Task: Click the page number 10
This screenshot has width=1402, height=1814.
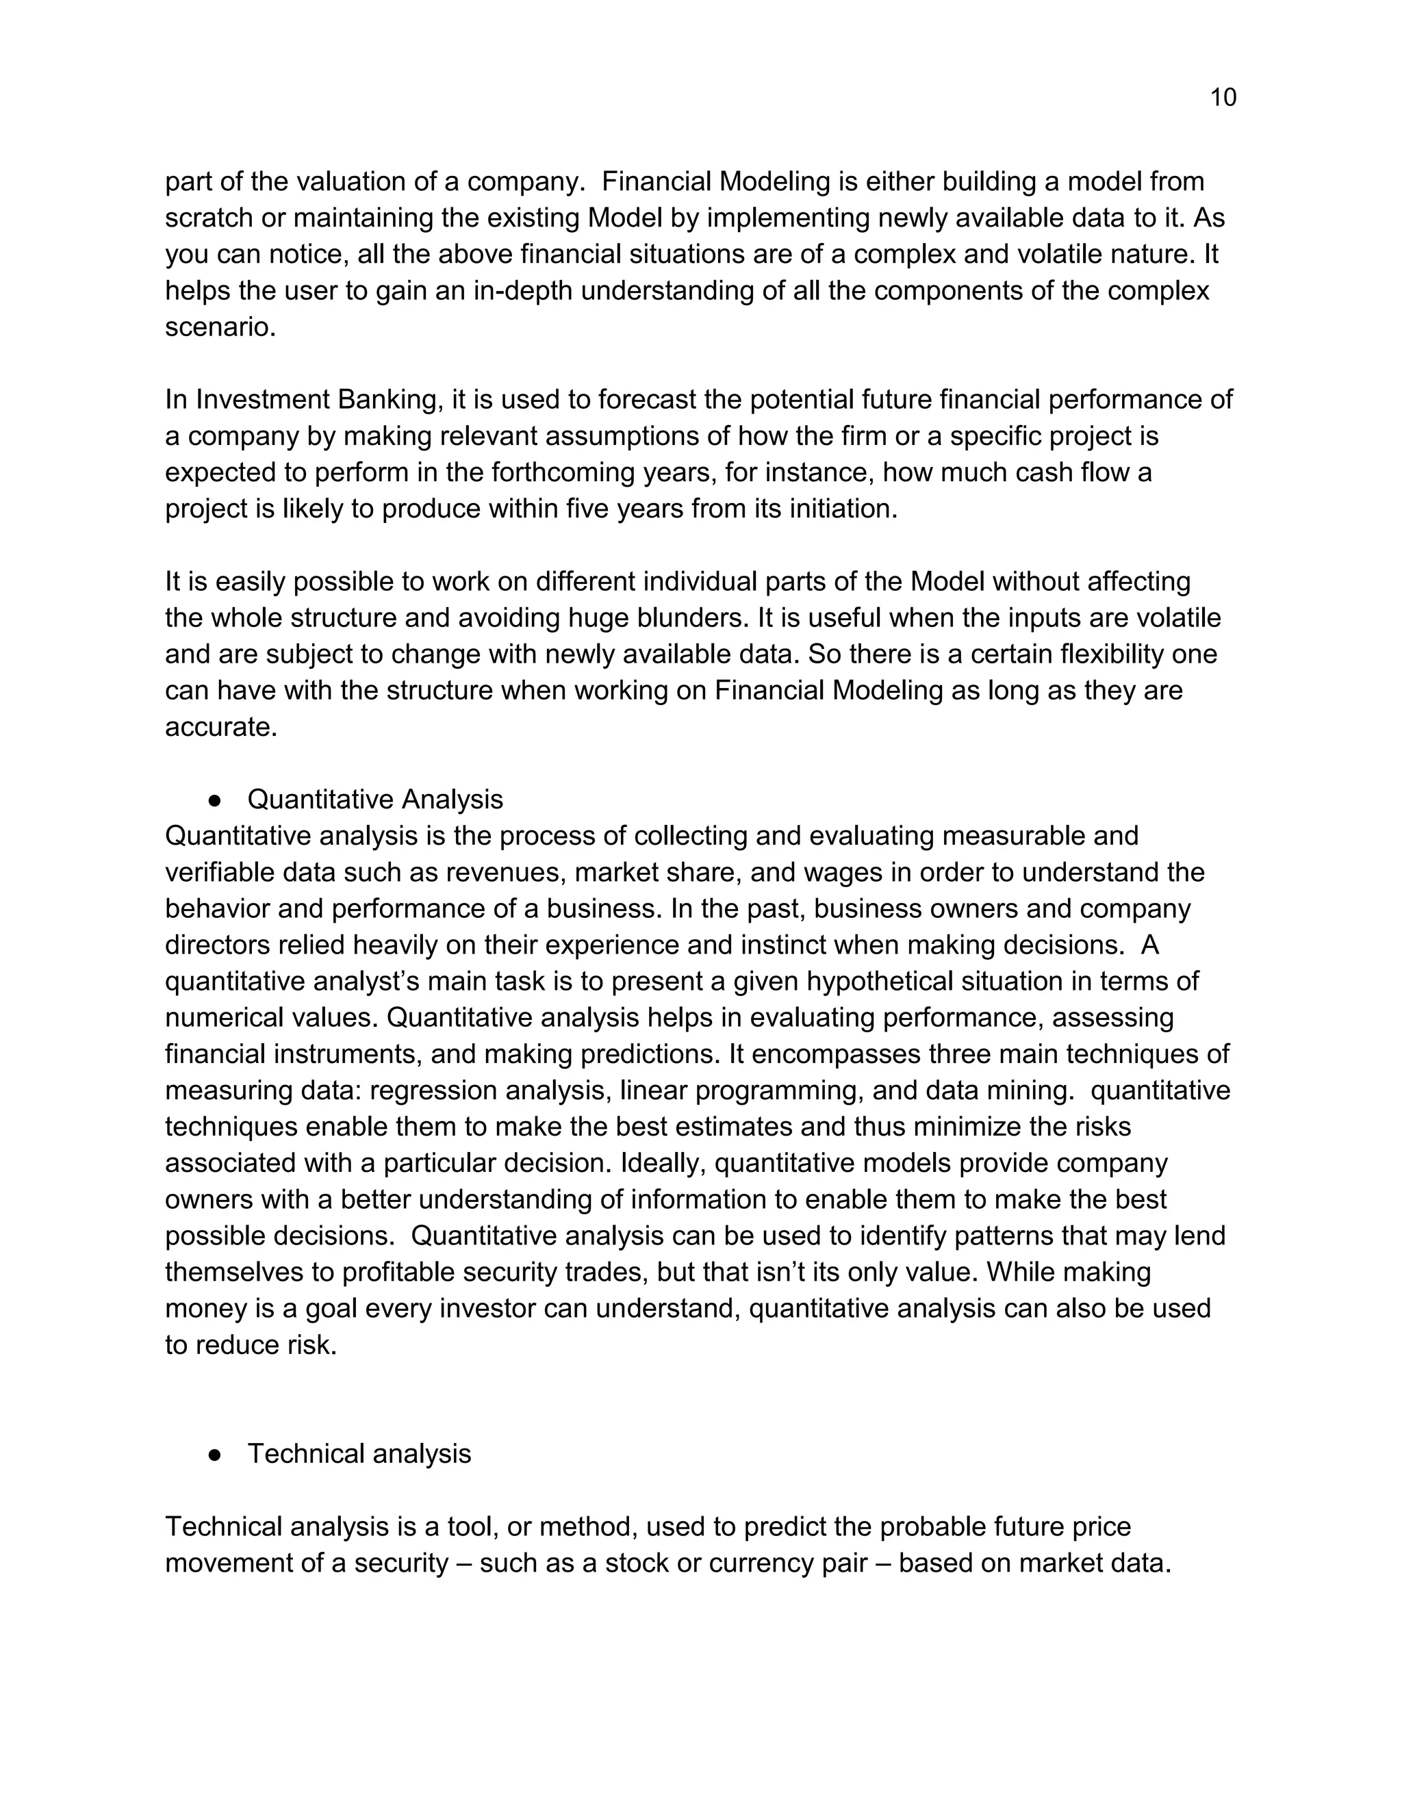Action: point(1223,98)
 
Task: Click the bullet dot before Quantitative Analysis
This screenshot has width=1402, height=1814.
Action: point(214,800)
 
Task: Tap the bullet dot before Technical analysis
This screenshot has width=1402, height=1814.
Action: point(214,1455)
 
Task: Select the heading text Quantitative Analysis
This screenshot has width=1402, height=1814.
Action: point(374,799)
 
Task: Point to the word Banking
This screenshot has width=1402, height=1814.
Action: point(388,400)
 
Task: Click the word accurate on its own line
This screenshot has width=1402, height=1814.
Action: point(220,727)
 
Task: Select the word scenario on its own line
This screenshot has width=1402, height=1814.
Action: point(220,327)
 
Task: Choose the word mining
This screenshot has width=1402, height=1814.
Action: point(1032,1090)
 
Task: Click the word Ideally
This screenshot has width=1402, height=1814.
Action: point(662,1163)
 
